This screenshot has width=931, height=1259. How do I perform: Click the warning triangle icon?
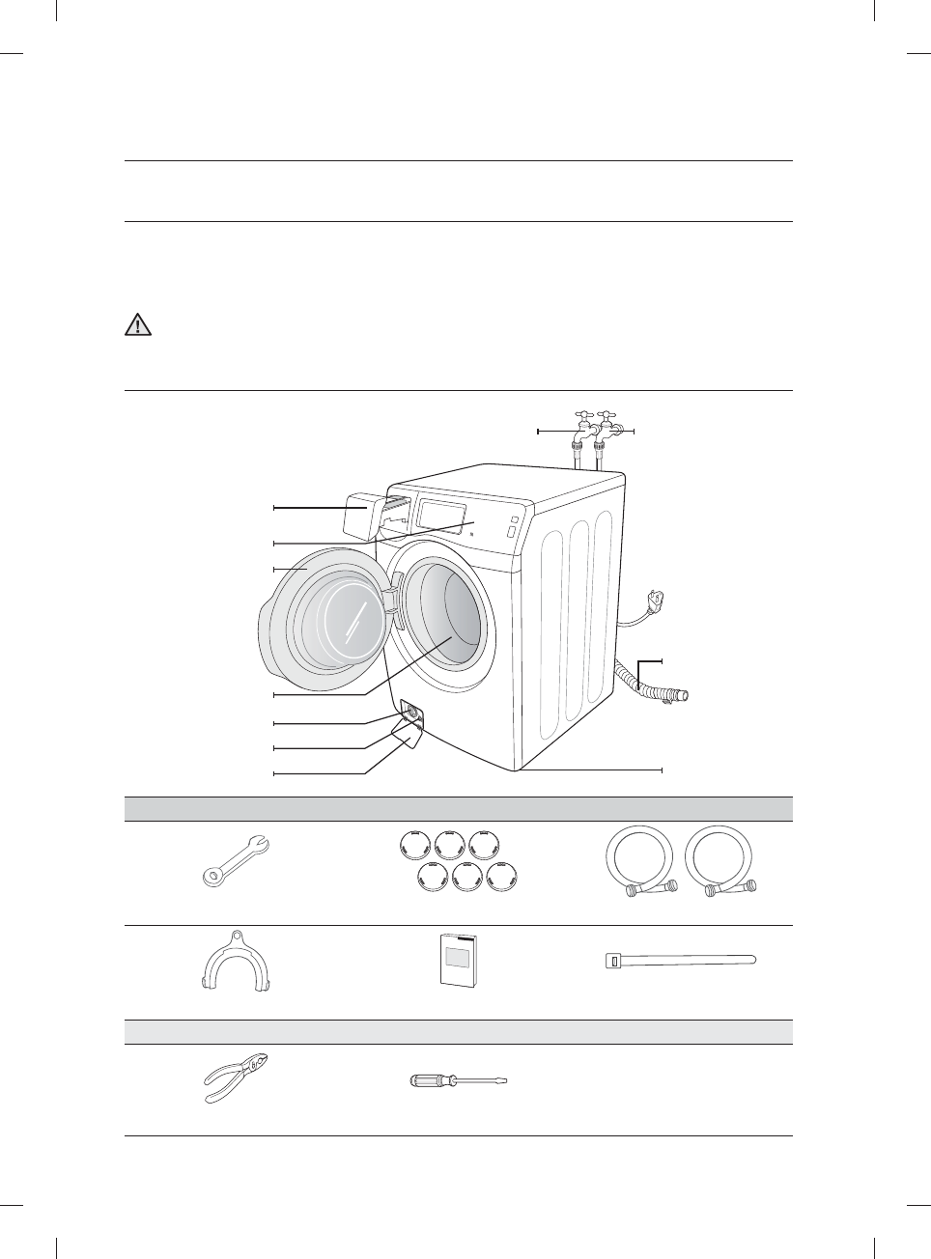pos(139,324)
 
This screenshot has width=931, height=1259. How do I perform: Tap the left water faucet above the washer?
pos(581,431)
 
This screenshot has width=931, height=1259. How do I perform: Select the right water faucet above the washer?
pos(607,431)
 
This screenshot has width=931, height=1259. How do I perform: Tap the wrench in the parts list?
pos(236,858)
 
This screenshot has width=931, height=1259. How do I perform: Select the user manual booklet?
pos(457,962)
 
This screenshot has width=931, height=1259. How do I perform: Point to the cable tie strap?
pos(679,960)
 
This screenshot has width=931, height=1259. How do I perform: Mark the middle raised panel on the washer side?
pos(578,619)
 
